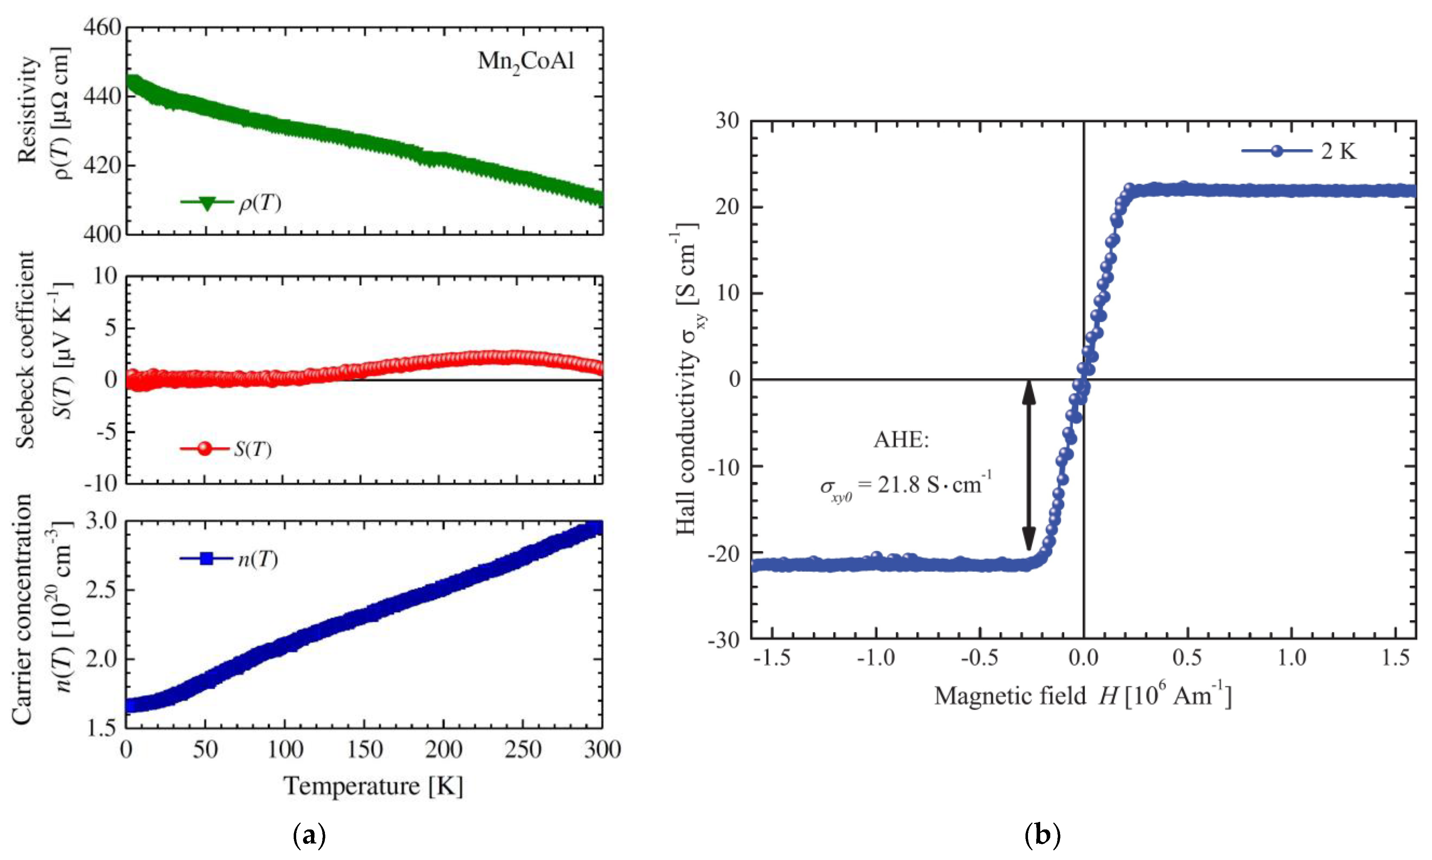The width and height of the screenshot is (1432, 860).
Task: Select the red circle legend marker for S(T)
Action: [x=205, y=449]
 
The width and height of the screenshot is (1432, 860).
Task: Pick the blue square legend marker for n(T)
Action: [x=206, y=559]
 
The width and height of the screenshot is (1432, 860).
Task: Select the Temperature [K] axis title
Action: [x=374, y=786]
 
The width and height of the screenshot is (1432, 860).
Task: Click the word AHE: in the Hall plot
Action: [x=901, y=440]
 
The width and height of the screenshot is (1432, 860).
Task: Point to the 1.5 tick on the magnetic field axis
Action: [x=1395, y=658]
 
